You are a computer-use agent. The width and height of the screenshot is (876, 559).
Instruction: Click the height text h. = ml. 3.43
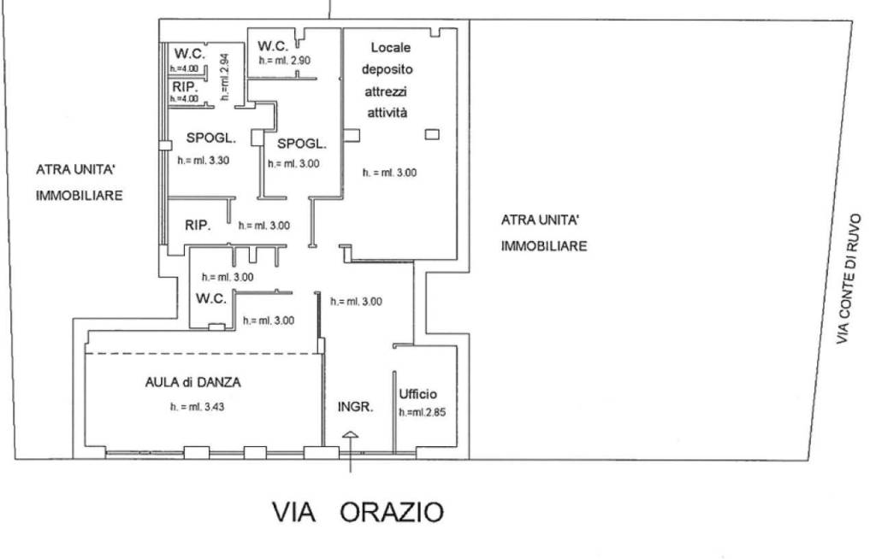(197, 407)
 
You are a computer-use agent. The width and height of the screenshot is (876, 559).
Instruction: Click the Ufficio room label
(418, 394)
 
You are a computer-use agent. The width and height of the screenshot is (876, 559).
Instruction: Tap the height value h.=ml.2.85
(423, 412)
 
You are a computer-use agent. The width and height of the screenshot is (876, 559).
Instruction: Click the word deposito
(387, 69)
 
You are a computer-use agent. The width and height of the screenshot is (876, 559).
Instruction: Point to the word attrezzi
(387, 91)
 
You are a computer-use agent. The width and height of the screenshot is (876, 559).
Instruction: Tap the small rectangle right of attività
(432, 134)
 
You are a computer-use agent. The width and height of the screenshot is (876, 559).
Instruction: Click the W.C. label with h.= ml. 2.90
(272, 45)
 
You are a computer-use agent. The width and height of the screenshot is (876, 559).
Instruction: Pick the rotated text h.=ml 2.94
(223, 77)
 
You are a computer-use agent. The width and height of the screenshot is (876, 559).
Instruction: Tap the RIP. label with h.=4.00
(185, 87)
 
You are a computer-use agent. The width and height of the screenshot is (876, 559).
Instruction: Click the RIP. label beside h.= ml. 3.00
(198, 226)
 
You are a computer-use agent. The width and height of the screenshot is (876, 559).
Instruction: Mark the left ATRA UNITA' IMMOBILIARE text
(79, 182)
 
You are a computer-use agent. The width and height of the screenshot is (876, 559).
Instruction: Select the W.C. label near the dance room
(210, 298)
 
